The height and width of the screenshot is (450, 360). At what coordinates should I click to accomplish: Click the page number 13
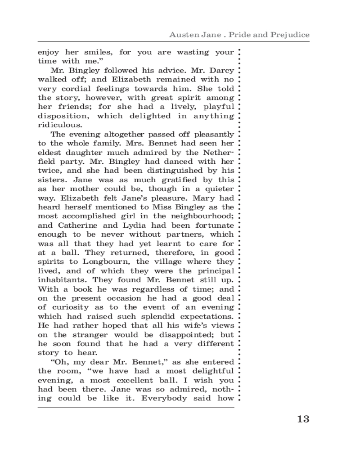[303, 419]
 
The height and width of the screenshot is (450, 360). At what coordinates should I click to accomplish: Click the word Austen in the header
[182, 35]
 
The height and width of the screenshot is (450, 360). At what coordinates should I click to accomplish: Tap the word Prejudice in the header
[288, 35]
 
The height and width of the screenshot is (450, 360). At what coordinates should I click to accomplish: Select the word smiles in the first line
[94, 52]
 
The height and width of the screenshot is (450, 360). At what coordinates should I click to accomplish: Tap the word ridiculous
[60, 125]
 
